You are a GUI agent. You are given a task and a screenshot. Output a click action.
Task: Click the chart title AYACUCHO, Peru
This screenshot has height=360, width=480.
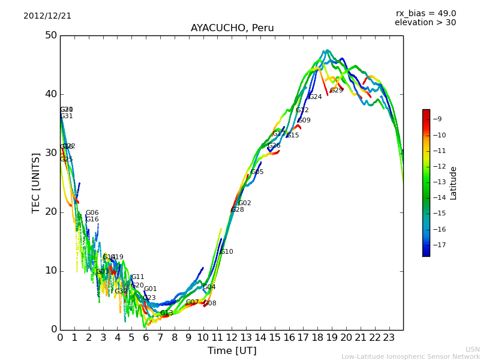pyautogui.click(x=232, y=28)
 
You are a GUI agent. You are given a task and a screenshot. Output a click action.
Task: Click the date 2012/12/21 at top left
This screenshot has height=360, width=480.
pyautogui.click(x=47, y=16)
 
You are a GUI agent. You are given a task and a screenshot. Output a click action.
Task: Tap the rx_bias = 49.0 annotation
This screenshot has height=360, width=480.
pyautogui.click(x=425, y=14)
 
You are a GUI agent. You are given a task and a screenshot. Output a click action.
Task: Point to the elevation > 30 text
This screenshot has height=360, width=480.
pyautogui.click(x=425, y=23)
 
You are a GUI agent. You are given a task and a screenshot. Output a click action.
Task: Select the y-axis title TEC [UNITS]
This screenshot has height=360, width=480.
pyautogui.click(x=37, y=182)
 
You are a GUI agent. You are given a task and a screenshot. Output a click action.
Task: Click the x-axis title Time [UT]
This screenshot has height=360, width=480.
pyautogui.click(x=232, y=351)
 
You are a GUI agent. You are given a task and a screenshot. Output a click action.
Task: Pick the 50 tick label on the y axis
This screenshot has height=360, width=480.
pyautogui.click(x=50, y=35)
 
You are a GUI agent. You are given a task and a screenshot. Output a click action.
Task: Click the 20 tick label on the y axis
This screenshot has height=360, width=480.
pyautogui.click(x=50, y=212)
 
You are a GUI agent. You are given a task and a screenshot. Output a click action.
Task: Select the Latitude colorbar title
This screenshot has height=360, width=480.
pyautogui.click(x=454, y=183)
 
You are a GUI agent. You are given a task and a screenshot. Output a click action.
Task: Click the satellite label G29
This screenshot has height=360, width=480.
pyautogui.click(x=337, y=91)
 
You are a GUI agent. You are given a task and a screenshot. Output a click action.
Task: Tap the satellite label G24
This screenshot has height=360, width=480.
pyautogui.click(x=315, y=97)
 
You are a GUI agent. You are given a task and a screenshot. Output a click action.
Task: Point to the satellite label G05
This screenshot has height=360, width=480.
pyautogui.click(x=257, y=172)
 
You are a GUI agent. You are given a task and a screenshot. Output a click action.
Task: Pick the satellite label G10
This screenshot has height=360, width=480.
pyautogui.click(x=227, y=252)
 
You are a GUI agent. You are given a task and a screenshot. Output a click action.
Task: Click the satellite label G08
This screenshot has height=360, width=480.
pyautogui.click(x=210, y=304)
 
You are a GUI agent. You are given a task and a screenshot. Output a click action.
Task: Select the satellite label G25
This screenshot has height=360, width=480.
pyautogui.click(x=66, y=160)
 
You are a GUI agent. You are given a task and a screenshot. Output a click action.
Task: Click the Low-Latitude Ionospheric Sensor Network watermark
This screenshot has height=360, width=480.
pyautogui.click(x=410, y=357)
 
